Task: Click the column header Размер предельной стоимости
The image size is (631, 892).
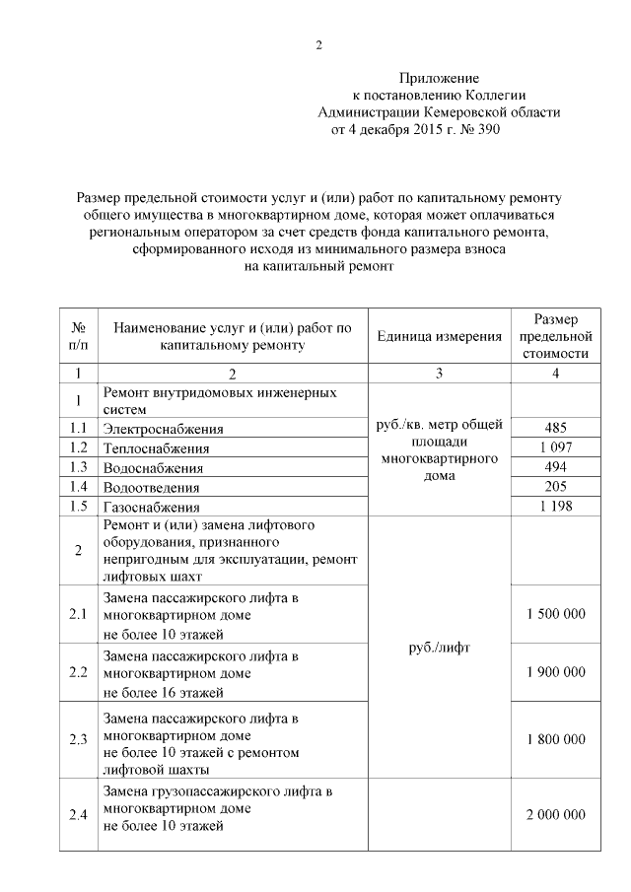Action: coord(556,336)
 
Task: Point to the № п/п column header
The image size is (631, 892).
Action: coord(78,336)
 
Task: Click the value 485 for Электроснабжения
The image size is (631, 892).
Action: coord(556,428)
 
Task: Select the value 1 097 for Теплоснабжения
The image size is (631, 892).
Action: coord(556,447)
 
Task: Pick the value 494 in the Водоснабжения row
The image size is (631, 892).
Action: coord(556,467)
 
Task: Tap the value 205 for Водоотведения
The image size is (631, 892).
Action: coord(556,487)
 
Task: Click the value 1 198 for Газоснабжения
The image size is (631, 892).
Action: coord(556,507)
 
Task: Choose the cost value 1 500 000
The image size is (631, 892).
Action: coord(556,614)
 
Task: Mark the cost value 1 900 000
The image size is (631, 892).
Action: coord(556,672)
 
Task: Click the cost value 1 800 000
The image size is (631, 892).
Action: coord(556,738)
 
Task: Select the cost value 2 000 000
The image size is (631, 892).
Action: coord(556,814)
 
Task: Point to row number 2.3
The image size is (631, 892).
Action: coord(78,738)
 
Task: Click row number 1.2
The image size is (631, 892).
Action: coord(78,447)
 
